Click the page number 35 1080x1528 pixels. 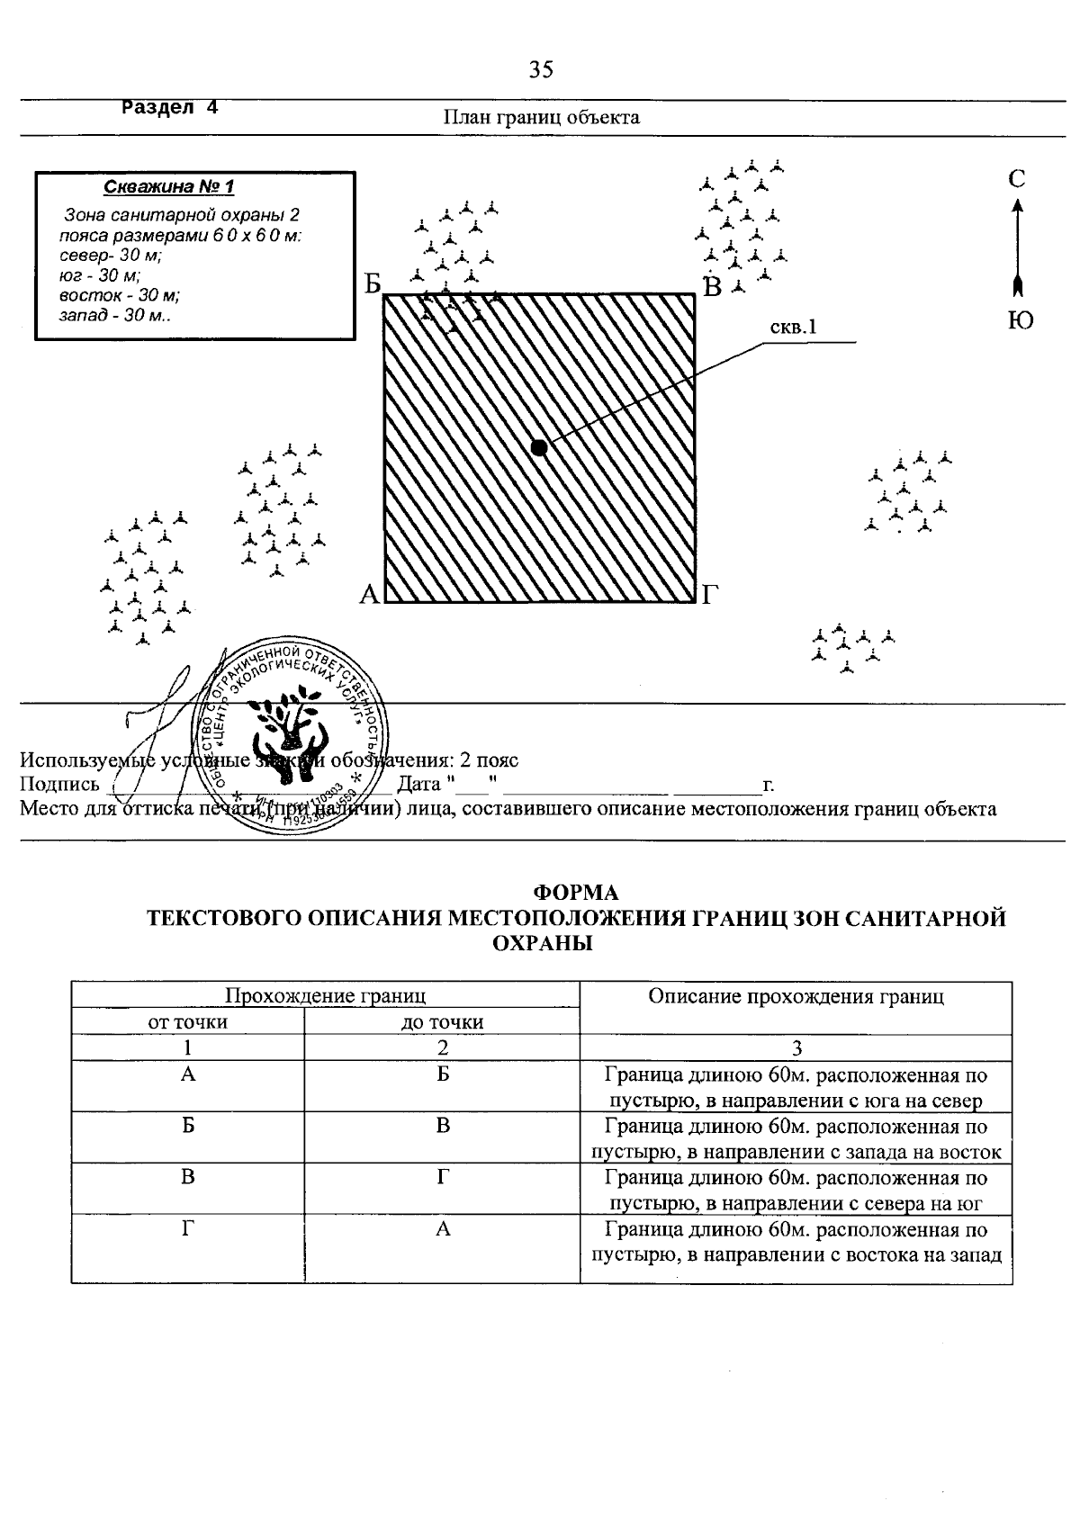(x=541, y=70)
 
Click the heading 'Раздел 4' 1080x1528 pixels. (x=170, y=107)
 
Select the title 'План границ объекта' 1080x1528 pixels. (x=541, y=118)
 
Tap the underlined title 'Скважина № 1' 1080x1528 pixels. (x=169, y=187)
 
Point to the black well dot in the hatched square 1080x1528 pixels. (x=538, y=447)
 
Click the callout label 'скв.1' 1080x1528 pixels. (x=793, y=328)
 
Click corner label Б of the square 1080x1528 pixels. (x=373, y=285)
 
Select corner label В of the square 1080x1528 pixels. (x=713, y=287)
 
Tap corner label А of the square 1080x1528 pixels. (x=369, y=595)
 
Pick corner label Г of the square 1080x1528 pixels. (x=711, y=595)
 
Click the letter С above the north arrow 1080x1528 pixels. (x=1017, y=179)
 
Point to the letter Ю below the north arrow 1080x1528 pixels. (x=1020, y=322)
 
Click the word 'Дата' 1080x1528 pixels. (x=418, y=785)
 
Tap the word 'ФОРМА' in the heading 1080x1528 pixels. (x=576, y=893)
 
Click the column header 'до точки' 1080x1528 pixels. (x=442, y=1022)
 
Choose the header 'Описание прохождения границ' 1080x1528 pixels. (x=796, y=996)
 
